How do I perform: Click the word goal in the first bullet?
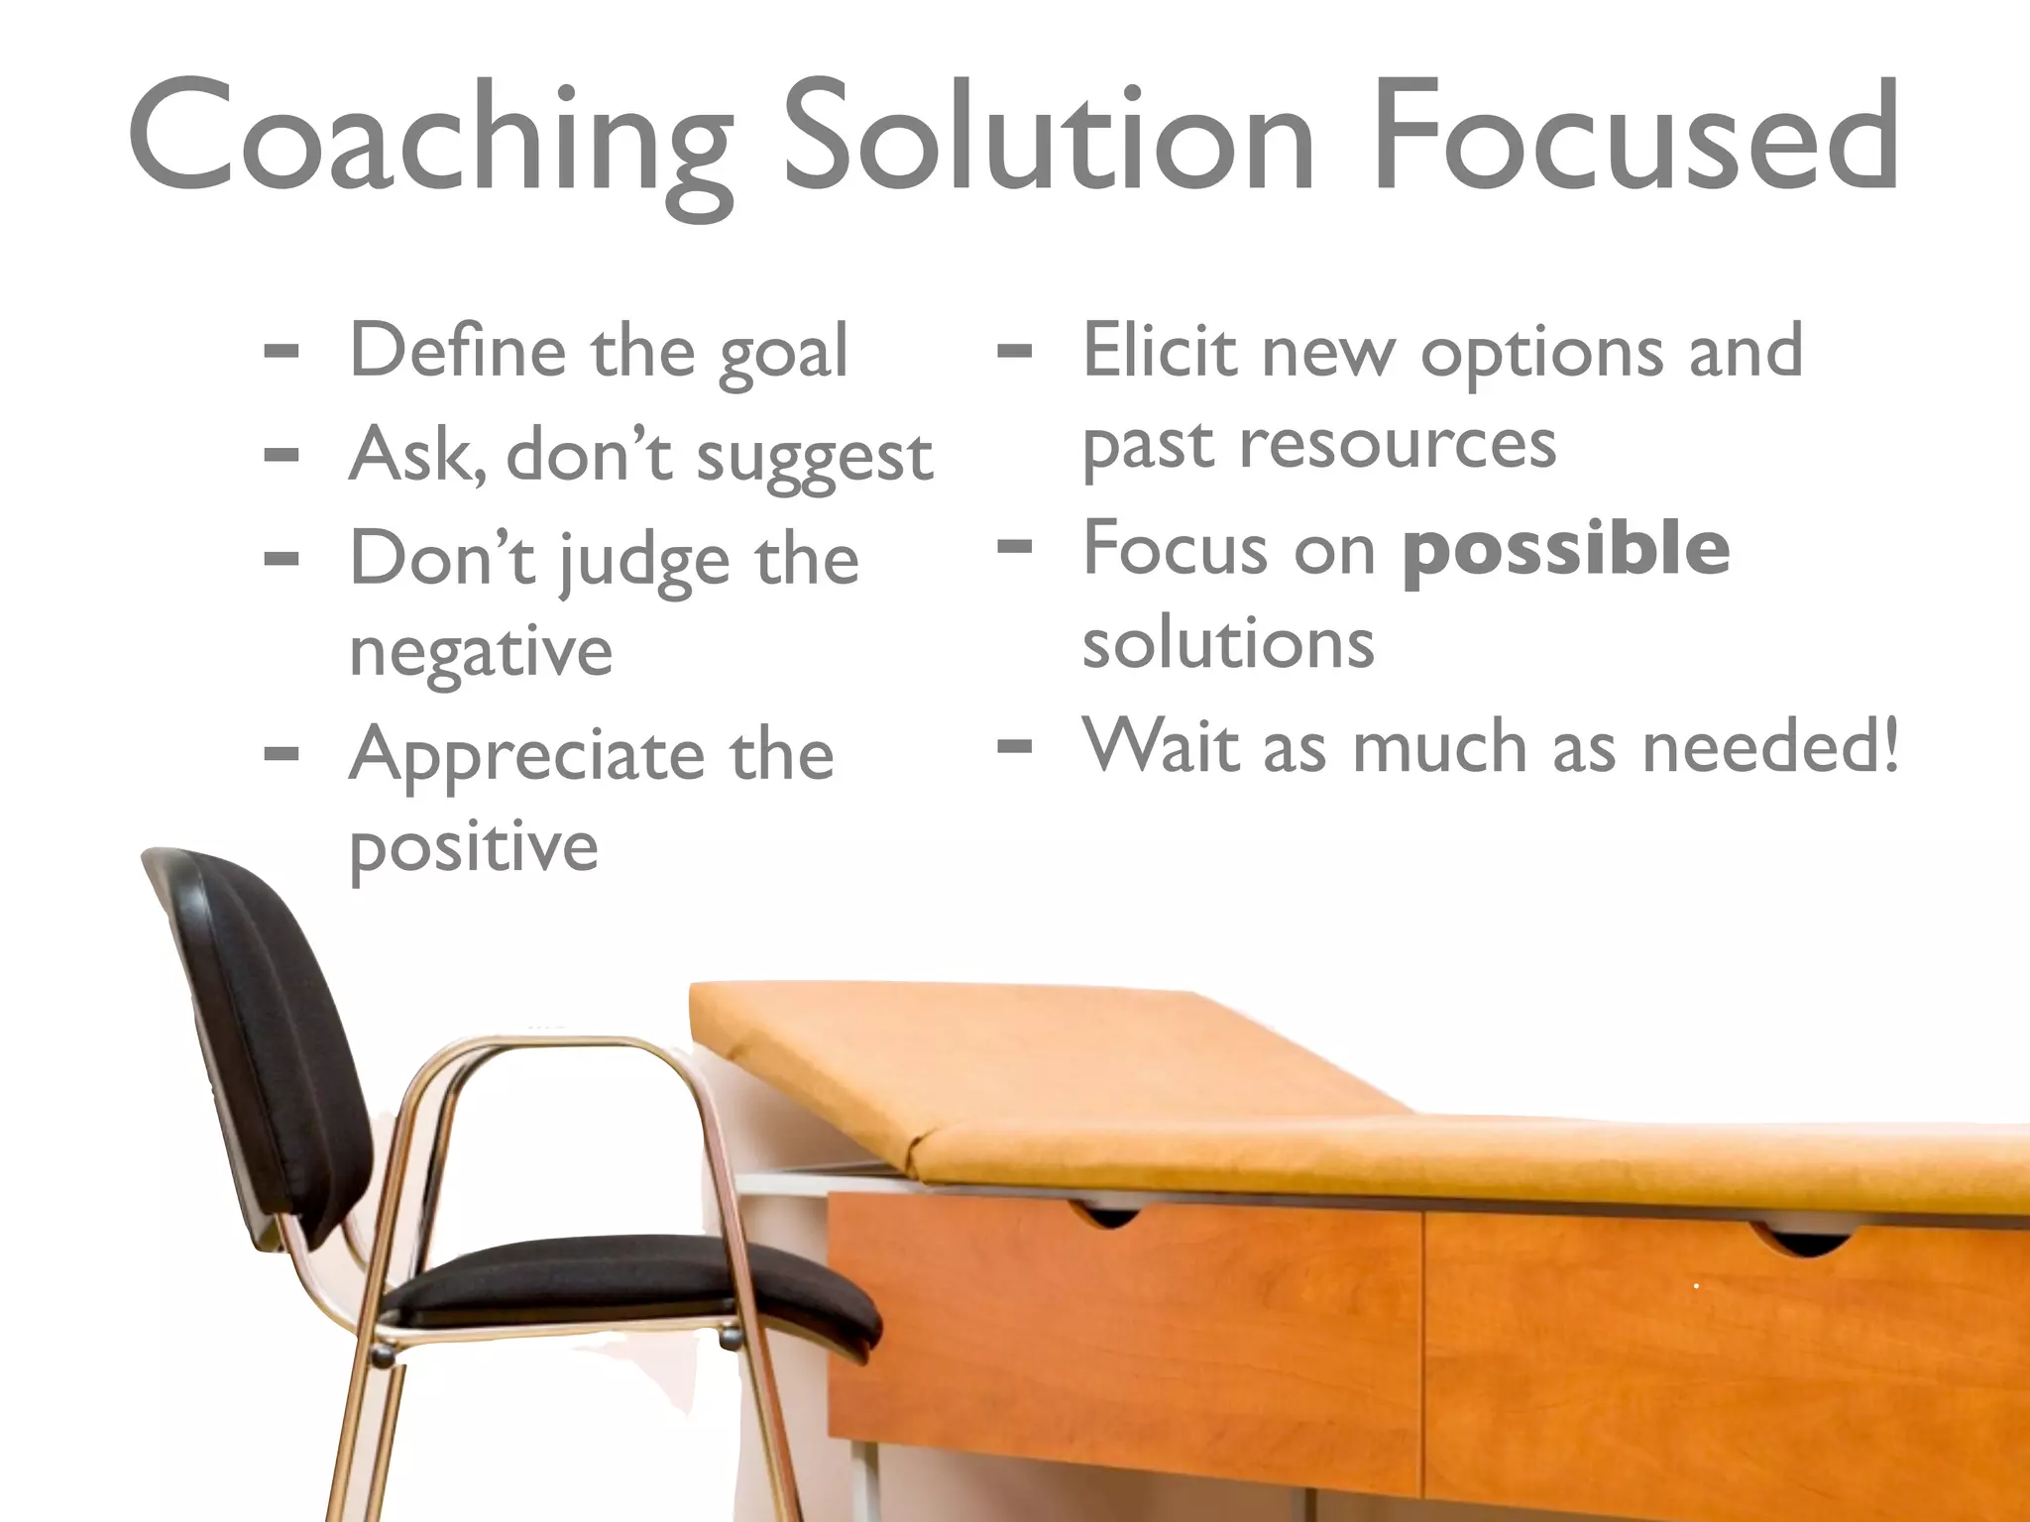(x=783, y=353)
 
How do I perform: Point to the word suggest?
(x=814, y=458)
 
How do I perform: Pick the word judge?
(x=644, y=561)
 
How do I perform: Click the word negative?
(x=481, y=653)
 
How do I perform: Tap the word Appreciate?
(x=526, y=756)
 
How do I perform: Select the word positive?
(x=474, y=848)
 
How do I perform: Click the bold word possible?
(x=1566, y=549)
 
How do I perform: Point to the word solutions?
(x=1228, y=643)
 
